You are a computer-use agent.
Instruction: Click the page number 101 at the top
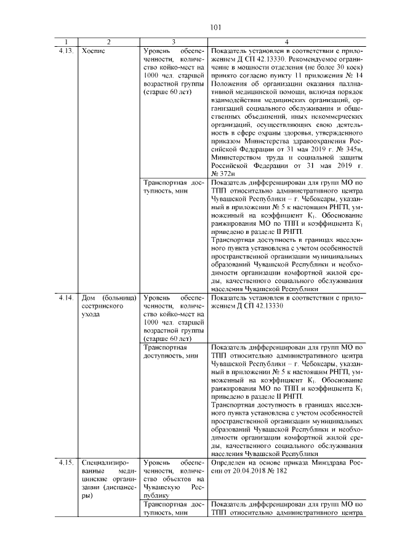tap(215, 27)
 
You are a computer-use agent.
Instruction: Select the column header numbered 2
tap(109, 42)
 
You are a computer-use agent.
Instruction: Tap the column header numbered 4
tap(287, 42)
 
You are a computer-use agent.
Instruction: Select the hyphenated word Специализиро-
tap(107, 462)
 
